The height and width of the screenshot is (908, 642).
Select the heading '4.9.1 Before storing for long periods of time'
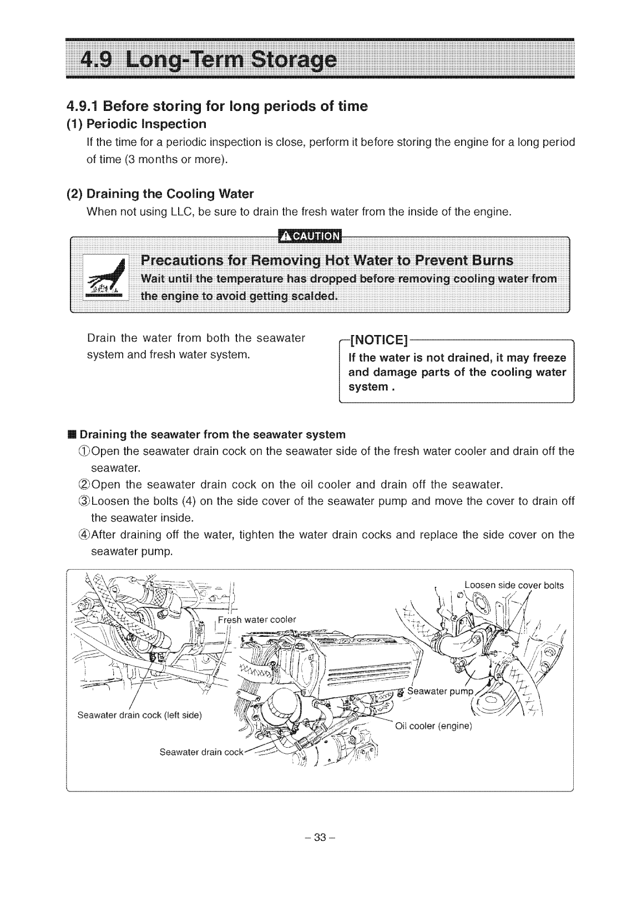217,106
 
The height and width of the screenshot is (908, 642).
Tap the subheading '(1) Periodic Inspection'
137,124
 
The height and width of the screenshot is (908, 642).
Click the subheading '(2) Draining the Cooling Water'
160,194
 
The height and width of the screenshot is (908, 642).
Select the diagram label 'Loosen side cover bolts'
514,585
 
